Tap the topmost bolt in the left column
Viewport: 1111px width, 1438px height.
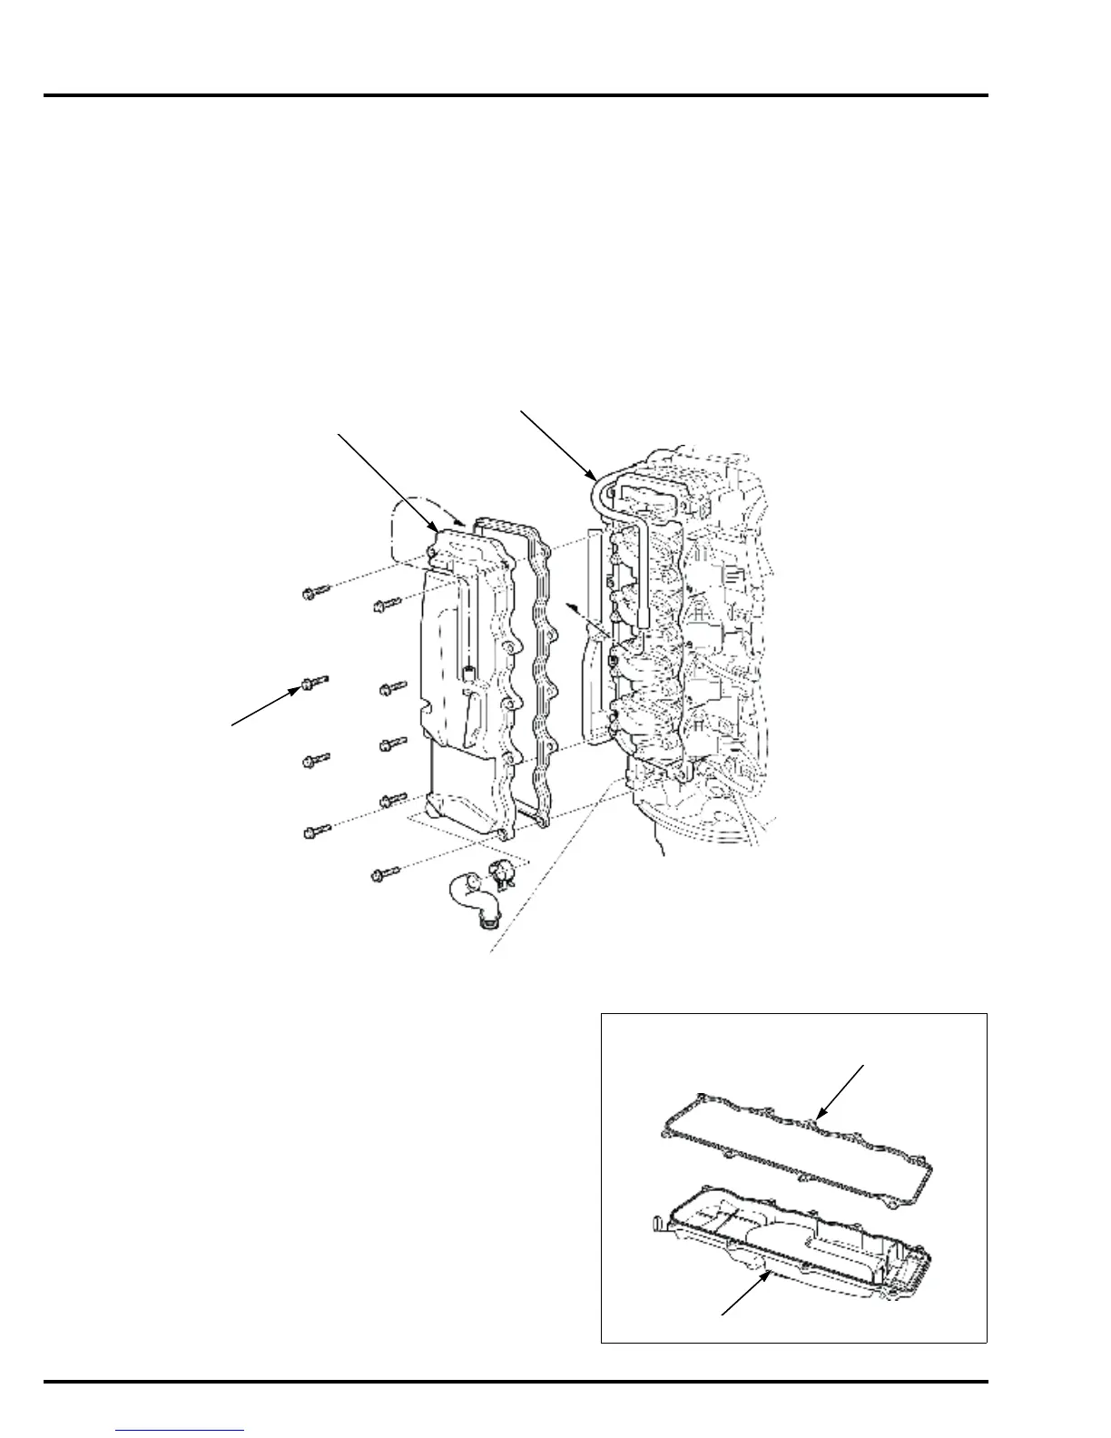click(x=311, y=594)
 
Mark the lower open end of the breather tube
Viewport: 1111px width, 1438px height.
click(x=643, y=621)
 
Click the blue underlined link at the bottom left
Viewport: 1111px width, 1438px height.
click(x=181, y=1431)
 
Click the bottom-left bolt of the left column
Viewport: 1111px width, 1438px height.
click(x=317, y=830)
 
